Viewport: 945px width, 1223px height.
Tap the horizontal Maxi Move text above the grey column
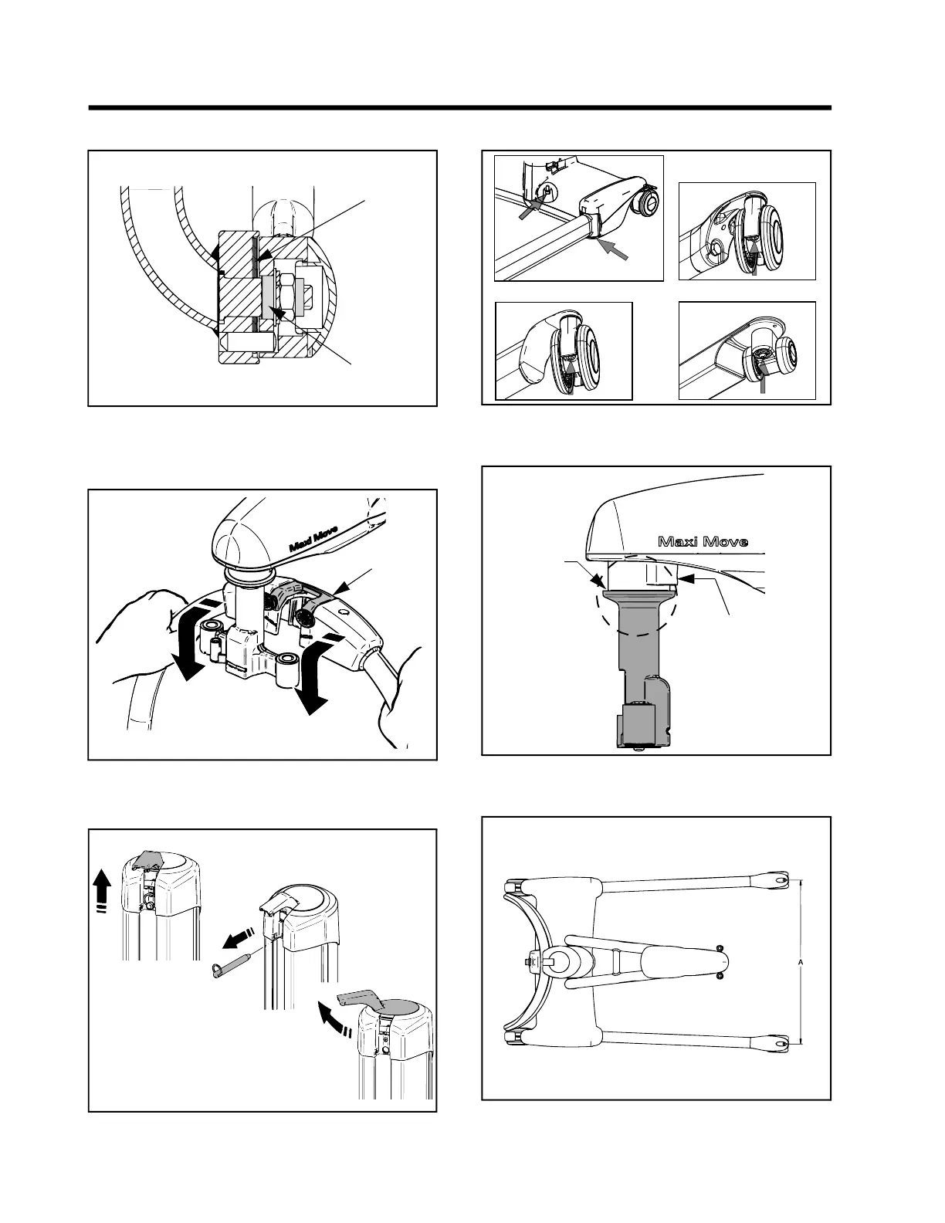(x=702, y=541)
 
